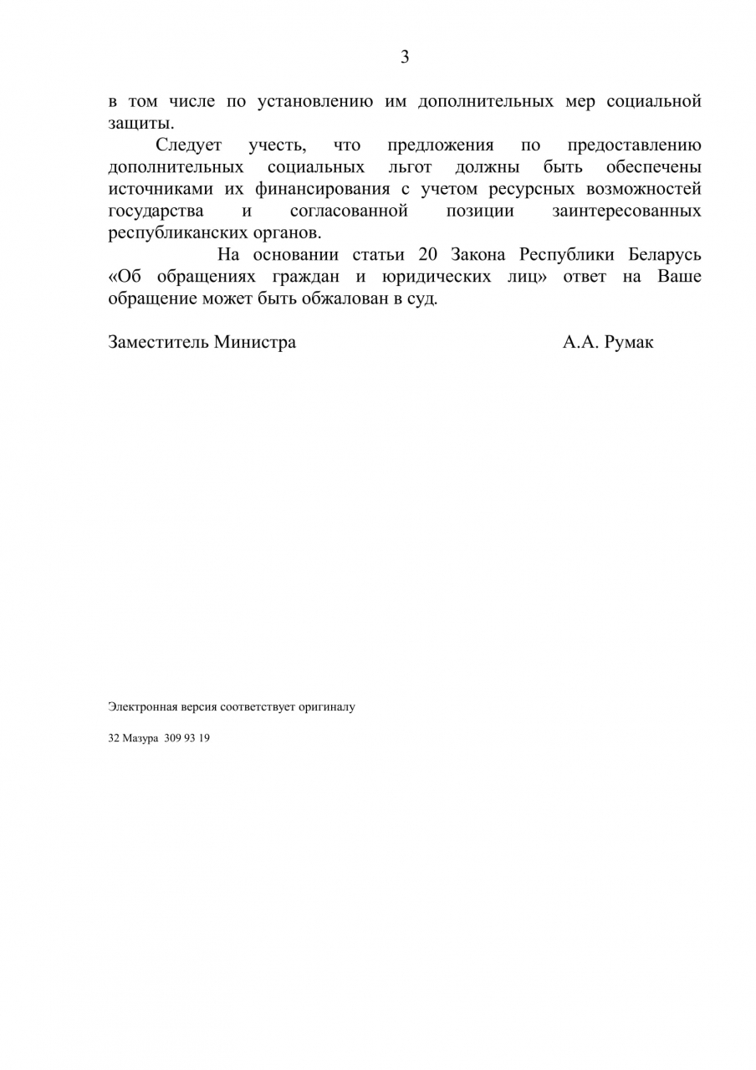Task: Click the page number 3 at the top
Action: pos(405,57)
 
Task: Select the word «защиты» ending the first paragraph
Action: pos(135,124)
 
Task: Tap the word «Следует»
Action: pos(188,145)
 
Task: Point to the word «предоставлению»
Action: pos(634,145)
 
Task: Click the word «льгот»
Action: pos(410,167)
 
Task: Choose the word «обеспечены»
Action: pos(654,167)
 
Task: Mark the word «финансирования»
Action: pos(323,189)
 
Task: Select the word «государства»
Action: pos(156,211)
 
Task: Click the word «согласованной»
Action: pos(349,211)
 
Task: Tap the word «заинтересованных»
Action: pos(627,211)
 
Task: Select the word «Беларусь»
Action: pos(665,255)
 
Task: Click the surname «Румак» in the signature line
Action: pos(628,342)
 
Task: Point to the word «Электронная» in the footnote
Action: pos(137,706)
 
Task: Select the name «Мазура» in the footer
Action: pos(140,738)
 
